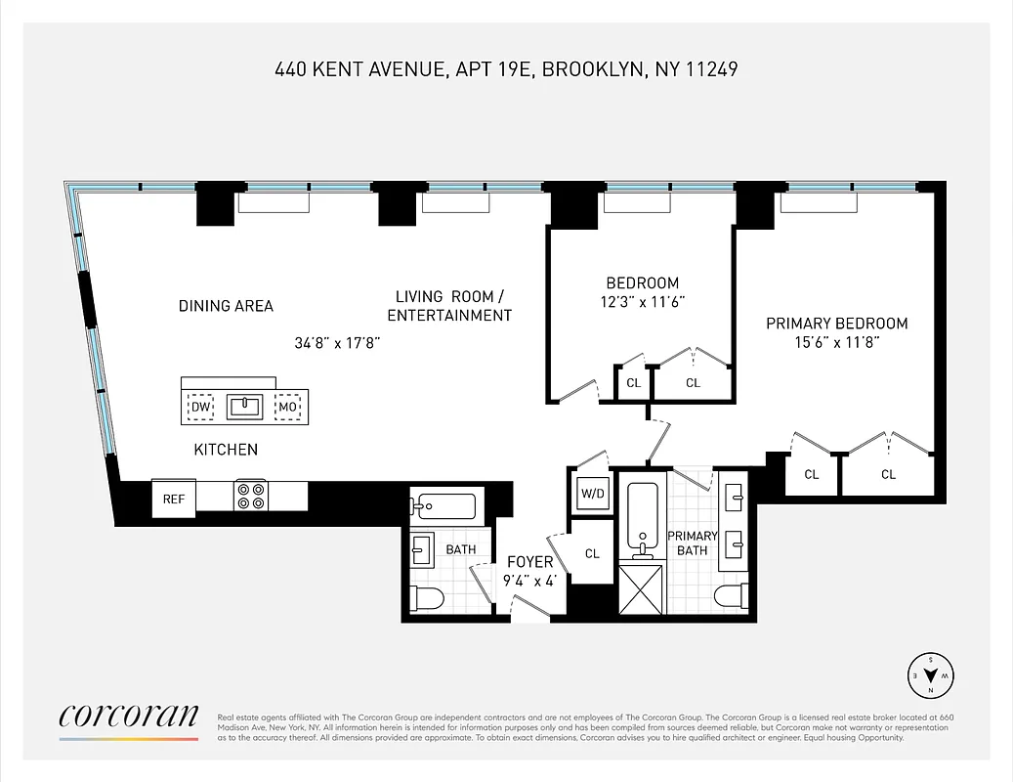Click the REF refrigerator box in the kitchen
pos(173,499)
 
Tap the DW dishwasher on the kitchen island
pos(200,407)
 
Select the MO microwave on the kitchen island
pos(287,407)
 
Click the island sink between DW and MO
pos(243,407)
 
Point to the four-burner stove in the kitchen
pos(250,497)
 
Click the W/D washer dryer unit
pos(593,494)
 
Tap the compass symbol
pos(930,673)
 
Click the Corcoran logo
pos(128,717)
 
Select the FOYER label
pos(529,562)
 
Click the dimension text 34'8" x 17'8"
pos(336,343)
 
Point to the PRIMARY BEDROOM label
pos(836,324)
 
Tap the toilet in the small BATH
pos(428,597)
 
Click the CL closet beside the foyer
pos(592,553)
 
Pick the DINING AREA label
pos(226,306)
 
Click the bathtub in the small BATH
pos(443,506)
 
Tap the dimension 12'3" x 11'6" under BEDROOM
pos(642,302)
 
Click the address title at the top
pos(506,69)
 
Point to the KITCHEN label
pos(226,450)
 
